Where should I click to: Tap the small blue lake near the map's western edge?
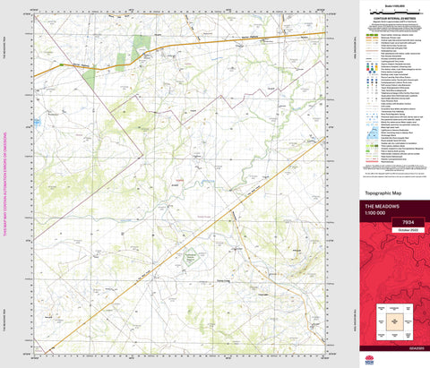[x=37, y=120]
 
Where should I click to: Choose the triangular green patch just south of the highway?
[x=88, y=75]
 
